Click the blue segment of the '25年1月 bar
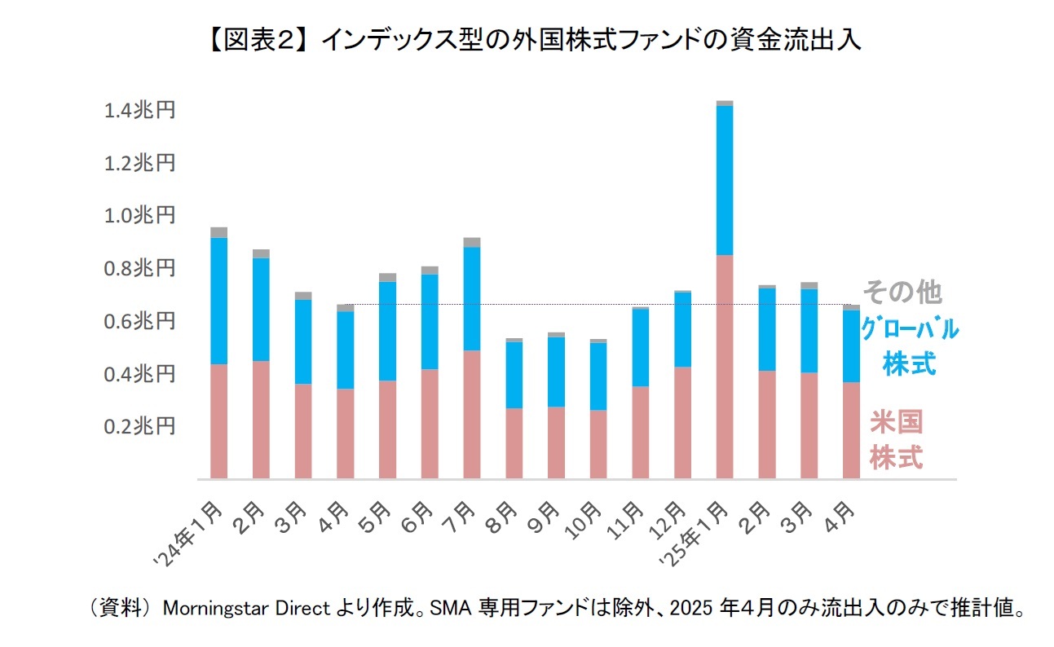click(x=725, y=180)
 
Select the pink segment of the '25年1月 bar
click(x=725, y=367)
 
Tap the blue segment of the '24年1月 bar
click(x=218, y=301)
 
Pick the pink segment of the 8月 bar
click(x=514, y=443)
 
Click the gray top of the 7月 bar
click(x=471, y=242)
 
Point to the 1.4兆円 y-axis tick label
click(x=139, y=110)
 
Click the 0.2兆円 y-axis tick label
click(x=139, y=426)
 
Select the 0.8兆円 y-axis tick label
click(x=139, y=268)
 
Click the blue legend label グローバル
click(x=909, y=330)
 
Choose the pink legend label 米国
click(x=896, y=423)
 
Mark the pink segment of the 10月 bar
click(x=598, y=444)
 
